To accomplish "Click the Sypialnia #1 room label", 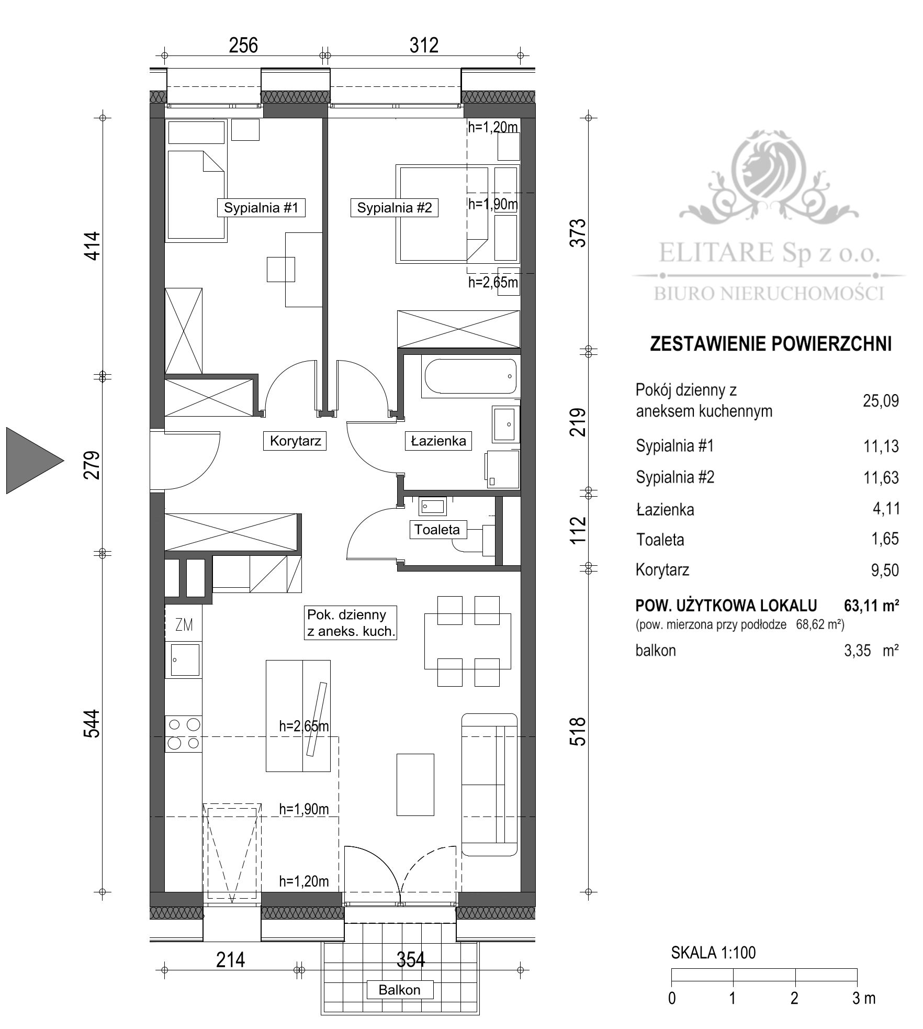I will [x=261, y=208].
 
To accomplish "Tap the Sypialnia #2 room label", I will [x=394, y=208].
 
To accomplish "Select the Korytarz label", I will [x=295, y=441].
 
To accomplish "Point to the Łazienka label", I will [x=438, y=441].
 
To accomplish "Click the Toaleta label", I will [x=437, y=529].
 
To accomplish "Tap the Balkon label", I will [x=399, y=990].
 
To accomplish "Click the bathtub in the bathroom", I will [x=470, y=376].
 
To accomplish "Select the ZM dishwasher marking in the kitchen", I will [x=184, y=624].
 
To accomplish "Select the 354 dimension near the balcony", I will [x=410, y=959].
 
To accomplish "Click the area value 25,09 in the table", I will [x=880, y=401].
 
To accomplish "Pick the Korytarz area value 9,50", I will [x=884, y=569].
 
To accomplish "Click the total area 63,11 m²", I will [x=871, y=606].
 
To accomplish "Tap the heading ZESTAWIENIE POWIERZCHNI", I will [x=770, y=344].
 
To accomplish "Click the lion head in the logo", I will [x=767, y=166].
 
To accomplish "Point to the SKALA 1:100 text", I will [x=713, y=953].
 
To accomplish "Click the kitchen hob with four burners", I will [x=183, y=734].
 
